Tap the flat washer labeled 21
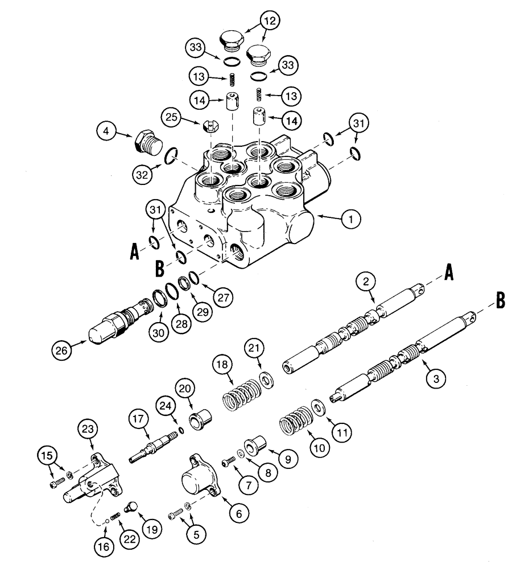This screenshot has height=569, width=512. [264, 379]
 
